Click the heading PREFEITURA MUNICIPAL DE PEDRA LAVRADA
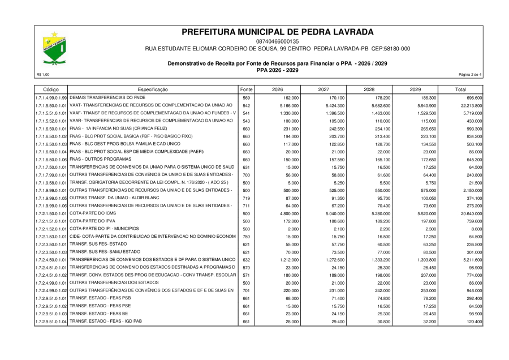click(277, 32)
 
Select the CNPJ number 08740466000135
click(277, 41)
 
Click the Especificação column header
click(153, 89)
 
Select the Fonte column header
click(246, 89)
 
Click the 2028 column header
click(369, 89)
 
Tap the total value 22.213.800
click(471, 106)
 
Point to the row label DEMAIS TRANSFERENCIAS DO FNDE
click(108, 98)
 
